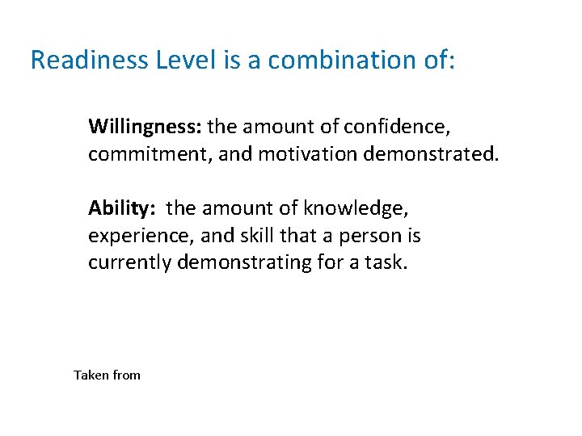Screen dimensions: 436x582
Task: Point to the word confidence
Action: pos(395,127)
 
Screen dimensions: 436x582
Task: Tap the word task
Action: pos(384,262)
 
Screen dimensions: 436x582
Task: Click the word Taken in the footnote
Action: pos(91,375)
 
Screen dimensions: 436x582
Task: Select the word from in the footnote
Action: pos(126,375)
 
